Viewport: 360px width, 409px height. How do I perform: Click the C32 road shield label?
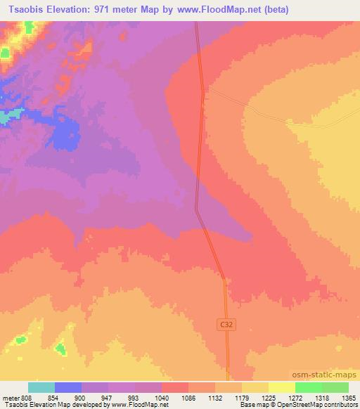[x=223, y=324]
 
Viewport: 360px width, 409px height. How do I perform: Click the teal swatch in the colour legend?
[x=41, y=387]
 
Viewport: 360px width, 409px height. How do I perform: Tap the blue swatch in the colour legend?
[x=68, y=387]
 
